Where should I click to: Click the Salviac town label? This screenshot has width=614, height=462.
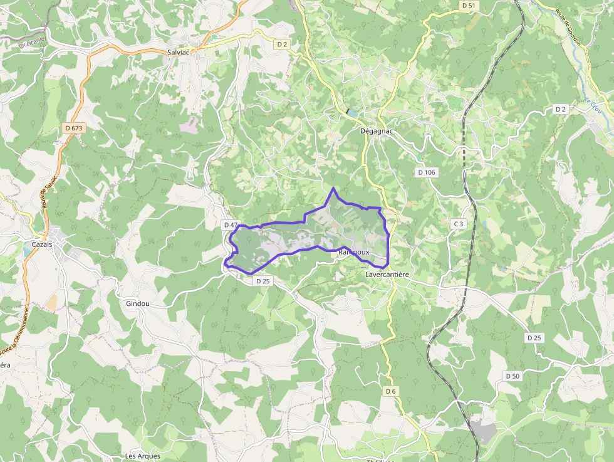179,53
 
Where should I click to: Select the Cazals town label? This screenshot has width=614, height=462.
43,244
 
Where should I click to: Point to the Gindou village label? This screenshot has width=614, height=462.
137,303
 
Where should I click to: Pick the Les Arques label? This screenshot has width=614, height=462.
143,456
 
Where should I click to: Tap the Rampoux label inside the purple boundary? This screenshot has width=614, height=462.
353,252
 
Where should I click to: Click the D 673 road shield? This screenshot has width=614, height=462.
74,128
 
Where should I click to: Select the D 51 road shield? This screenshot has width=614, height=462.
469,5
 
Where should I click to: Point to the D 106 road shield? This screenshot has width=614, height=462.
426,172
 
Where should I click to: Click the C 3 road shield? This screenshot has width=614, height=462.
459,224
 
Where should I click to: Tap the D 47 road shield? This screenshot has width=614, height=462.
231,224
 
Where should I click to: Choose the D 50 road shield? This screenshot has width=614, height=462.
512,375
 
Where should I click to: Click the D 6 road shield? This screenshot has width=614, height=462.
391,391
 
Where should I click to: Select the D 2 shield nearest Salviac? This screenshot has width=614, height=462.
283,44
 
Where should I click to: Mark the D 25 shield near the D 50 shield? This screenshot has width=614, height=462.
534,338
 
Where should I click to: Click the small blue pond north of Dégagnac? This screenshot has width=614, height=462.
353,113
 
